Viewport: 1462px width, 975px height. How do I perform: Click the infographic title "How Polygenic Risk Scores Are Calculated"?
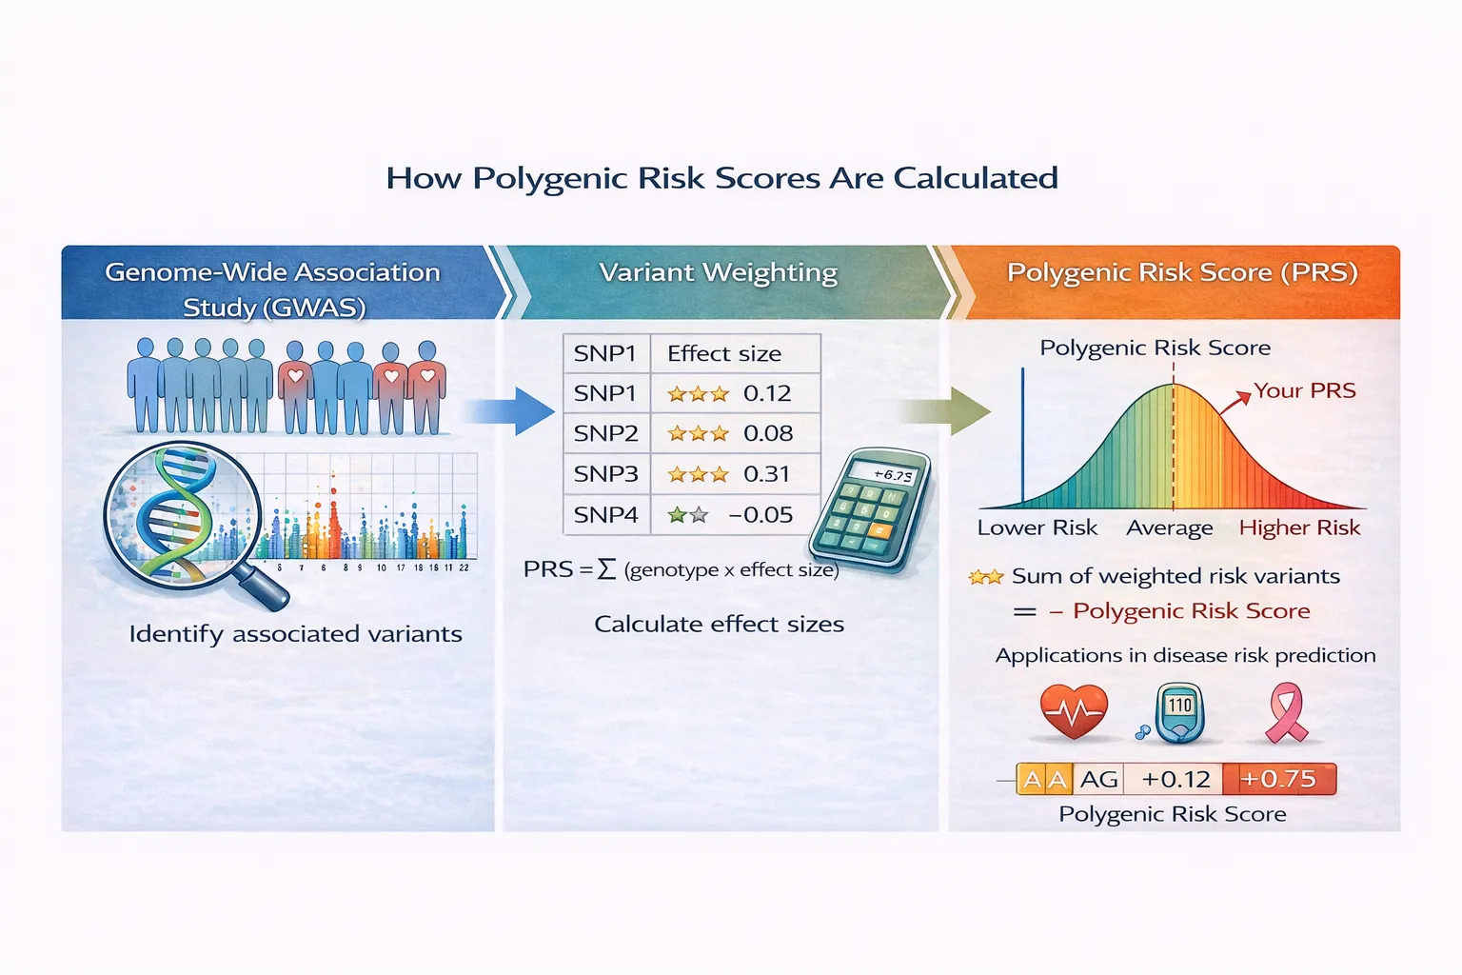click(x=721, y=178)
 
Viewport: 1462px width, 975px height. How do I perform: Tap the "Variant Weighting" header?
click(x=719, y=272)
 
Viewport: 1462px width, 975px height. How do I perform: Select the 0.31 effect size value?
click(x=766, y=474)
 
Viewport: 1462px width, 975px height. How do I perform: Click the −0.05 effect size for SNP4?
click(x=761, y=515)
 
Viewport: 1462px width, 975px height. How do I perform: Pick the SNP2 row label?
click(x=605, y=434)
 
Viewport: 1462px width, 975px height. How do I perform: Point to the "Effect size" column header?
click(x=724, y=354)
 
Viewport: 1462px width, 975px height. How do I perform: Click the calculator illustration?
click(x=868, y=510)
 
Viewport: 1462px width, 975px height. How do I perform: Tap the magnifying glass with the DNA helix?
click(x=186, y=515)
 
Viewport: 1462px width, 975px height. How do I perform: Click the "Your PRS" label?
click(x=1304, y=390)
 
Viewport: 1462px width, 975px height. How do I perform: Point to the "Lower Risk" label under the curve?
click(x=1037, y=527)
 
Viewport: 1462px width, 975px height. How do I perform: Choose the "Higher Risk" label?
click(x=1299, y=527)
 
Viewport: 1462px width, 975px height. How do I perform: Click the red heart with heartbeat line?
click(x=1074, y=711)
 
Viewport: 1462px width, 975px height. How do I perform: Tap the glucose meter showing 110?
click(x=1178, y=712)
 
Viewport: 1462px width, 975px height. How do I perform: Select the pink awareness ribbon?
click(x=1286, y=712)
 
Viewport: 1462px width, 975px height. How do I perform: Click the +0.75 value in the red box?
click(x=1278, y=779)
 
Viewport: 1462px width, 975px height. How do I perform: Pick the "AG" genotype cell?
click(x=1098, y=779)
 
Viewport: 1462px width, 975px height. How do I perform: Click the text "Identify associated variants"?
click(x=295, y=634)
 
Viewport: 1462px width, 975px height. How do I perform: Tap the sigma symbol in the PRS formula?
click(x=606, y=569)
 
